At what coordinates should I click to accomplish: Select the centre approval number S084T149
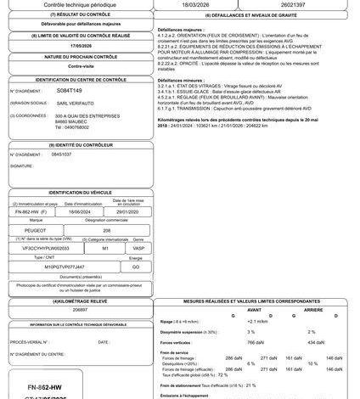[67, 89]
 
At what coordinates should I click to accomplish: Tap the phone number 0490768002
[70, 127]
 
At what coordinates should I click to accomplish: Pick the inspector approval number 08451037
[62, 155]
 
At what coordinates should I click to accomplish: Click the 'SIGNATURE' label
[23, 166]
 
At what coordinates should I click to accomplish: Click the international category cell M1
[104, 249]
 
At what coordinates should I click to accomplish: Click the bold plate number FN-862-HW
[42, 385]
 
